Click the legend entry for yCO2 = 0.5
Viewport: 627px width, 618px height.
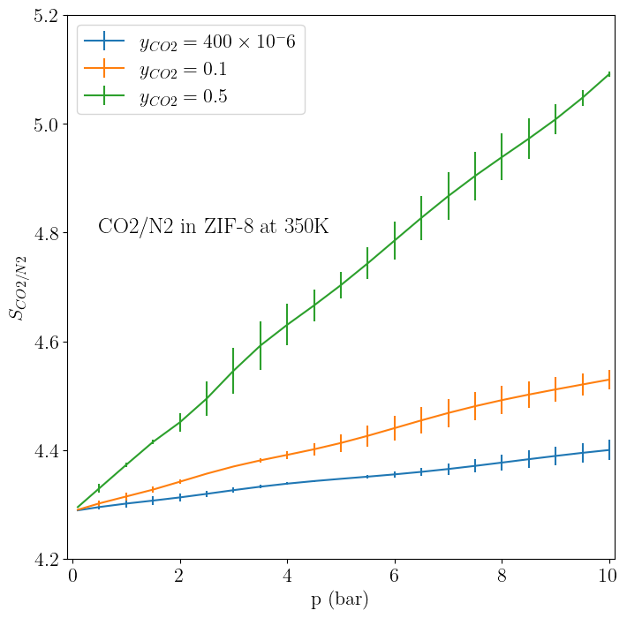(x=183, y=97)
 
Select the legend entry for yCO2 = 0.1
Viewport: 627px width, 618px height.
(x=183, y=69)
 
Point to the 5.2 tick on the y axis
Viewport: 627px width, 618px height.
(x=44, y=16)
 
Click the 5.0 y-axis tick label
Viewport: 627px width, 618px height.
(x=44, y=124)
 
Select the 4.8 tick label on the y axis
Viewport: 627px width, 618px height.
(x=44, y=233)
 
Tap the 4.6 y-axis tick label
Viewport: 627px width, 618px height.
(x=44, y=342)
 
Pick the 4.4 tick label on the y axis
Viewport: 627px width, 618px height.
(x=44, y=451)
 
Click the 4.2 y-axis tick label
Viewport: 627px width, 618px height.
(x=44, y=560)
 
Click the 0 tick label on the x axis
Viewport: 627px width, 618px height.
(x=72, y=577)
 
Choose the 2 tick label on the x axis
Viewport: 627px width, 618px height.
(x=180, y=577)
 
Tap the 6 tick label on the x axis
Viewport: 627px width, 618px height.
(x=395, y=577)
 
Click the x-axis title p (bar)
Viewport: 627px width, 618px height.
(x=340, y=600)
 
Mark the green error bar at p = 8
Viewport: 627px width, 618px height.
(x=502, y=157)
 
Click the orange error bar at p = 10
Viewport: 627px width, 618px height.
(x=609, y=380)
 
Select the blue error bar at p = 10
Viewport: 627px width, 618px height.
(x=609, y=449)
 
